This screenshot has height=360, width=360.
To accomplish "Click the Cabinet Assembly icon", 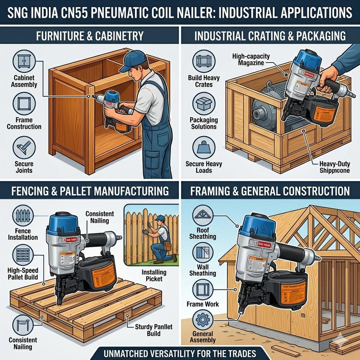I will click(24, 61).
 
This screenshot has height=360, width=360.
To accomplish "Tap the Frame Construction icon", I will click(24, 103).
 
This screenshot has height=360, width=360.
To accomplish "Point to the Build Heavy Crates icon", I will click(204, 61).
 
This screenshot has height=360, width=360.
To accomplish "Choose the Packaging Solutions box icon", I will click(204, 103).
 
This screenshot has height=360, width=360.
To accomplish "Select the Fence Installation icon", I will click(24, 216).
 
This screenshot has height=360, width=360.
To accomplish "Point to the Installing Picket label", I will click(154, 275).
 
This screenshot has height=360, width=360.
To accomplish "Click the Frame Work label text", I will click(203, 304).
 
